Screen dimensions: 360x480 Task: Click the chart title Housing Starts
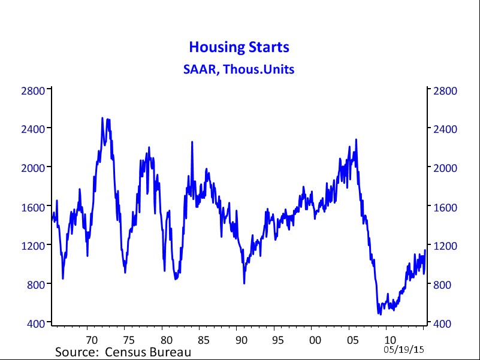tap(239, 47)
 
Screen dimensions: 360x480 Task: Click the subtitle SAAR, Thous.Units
tap(239, 69)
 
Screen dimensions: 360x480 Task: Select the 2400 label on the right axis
tap(445, 129)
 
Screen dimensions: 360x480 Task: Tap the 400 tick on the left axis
tap(37, 323)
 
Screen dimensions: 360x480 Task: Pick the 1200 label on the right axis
tap(445, 246)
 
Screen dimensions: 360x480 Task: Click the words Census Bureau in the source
tap(149, 351)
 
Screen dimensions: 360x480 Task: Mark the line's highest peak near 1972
tap(102, 118)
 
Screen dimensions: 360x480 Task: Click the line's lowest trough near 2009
tap(379, 313)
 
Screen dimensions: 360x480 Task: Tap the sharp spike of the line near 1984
tap(192, 142)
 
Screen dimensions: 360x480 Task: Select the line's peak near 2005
tap(357, 140)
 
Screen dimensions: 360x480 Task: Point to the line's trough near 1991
tap(244, 283)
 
